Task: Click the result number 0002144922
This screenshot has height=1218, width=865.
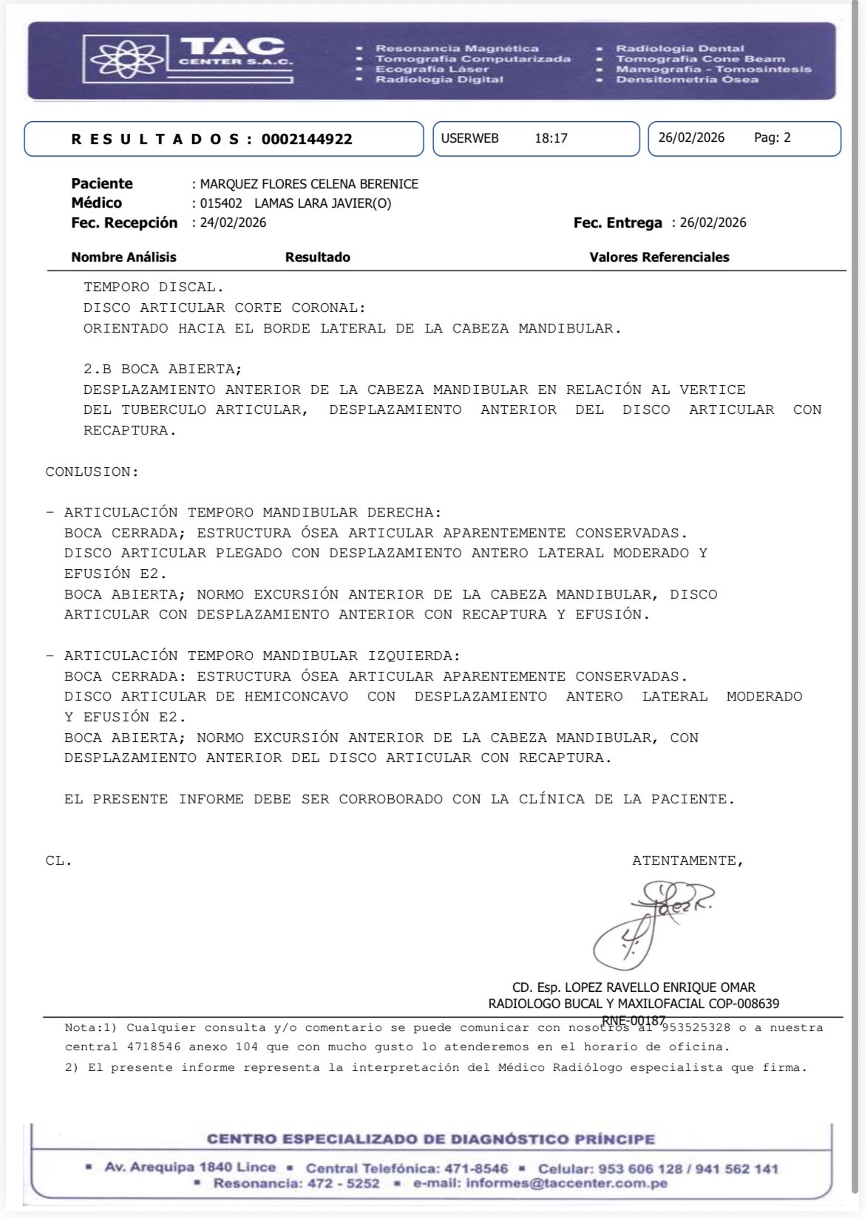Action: point(307,139)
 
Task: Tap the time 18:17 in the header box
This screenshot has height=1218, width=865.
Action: point(551,138)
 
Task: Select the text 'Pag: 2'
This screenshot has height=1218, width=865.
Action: point(772,137)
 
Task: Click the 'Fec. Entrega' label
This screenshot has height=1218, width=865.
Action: point(617,222)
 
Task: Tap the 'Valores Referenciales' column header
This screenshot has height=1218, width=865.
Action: point(659,257)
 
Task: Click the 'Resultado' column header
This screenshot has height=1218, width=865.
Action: point(317,257)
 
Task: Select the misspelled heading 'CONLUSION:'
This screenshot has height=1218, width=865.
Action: point(92,472)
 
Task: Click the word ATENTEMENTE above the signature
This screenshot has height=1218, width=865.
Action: point(687,860)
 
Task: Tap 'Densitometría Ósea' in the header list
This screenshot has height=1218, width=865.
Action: point(687,79)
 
